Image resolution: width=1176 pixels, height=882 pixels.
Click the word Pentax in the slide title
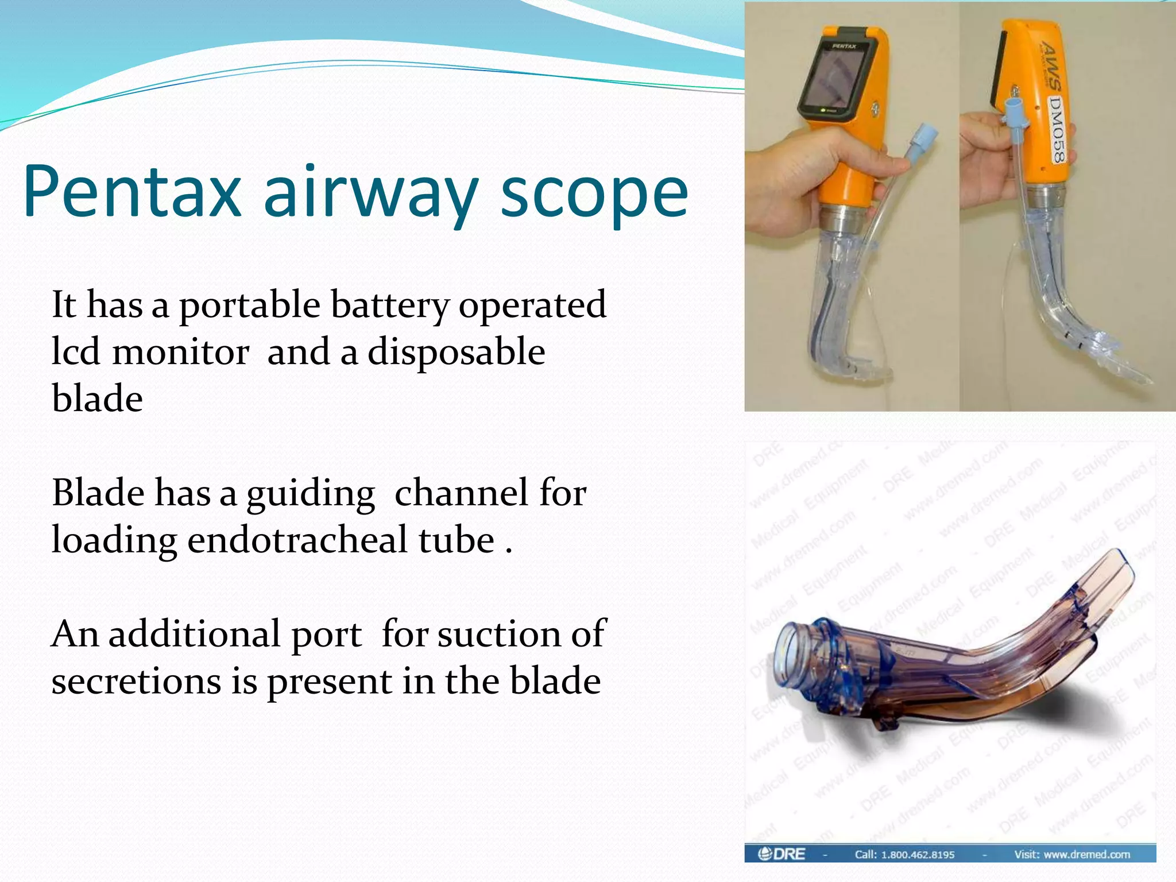tap(131, 192)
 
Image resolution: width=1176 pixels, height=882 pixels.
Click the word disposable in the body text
tap(456, 352)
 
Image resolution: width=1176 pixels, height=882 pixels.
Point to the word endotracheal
tap(341, 540)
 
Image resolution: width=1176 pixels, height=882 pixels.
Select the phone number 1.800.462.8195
tap(918, 854)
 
